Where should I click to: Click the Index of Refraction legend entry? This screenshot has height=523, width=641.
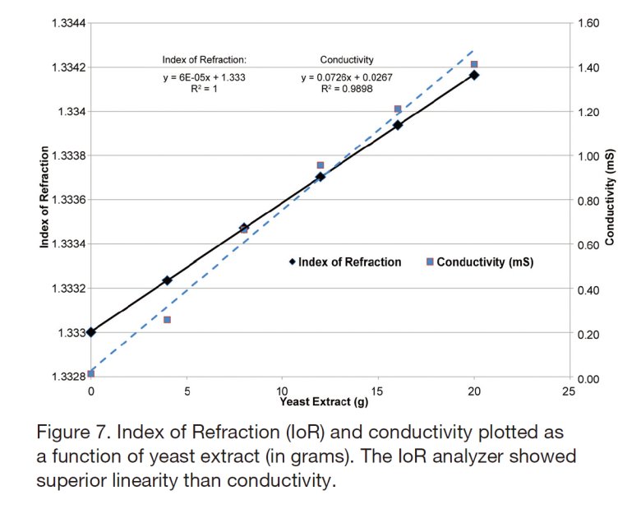tap(349, 261)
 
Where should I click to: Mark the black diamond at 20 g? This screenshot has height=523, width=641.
tap(474, 75)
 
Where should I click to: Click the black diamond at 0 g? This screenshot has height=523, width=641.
tap(90, 332)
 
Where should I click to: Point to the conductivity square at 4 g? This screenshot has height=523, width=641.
tap(167, 319)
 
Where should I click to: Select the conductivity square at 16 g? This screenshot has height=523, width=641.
tap(398, 109)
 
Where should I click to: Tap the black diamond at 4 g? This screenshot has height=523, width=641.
tap(167, 280)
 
